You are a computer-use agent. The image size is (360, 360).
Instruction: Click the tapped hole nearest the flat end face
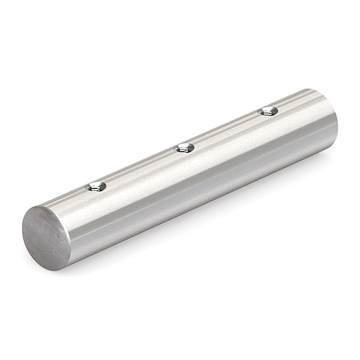(97, 186)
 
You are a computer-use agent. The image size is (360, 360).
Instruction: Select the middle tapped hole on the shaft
(185, 146)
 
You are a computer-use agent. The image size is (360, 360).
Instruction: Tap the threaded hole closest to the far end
(270, 111)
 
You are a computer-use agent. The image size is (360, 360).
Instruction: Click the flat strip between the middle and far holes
(227, 129)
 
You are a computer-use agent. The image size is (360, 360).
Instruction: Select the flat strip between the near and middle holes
(141, 166)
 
